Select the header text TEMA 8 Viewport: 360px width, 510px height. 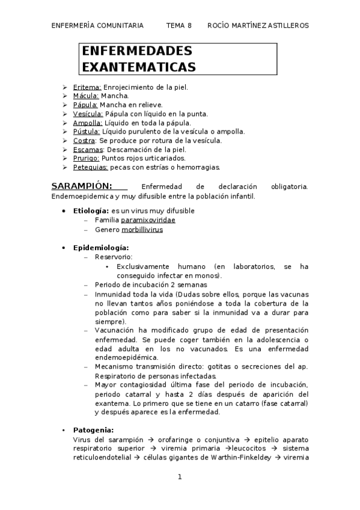coord(178,25)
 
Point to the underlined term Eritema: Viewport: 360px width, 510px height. coord(87,87)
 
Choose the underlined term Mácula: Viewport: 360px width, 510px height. coord(85,96)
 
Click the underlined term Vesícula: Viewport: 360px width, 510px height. coord(88,114)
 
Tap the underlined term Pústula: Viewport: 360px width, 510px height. coord(87,132)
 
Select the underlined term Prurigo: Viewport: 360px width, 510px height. coord(87,158)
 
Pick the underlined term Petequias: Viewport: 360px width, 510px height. coord(90,167)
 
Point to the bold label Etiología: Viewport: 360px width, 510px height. coord(91,211)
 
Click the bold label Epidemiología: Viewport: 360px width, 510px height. coord(101,248)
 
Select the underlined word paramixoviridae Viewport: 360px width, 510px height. coord(148,220)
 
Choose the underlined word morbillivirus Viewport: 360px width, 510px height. coord(142,229)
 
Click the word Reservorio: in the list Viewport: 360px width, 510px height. coord(111,257)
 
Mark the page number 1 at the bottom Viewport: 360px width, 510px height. coord(180,477)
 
